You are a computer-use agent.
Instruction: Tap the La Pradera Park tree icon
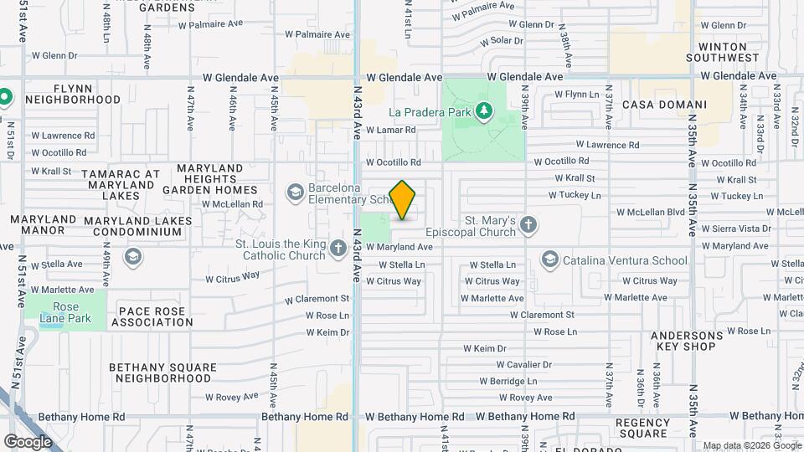tap(482, 111)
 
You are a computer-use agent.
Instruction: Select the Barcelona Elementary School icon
tap(295, 194)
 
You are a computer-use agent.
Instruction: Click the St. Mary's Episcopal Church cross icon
tap(528, 224)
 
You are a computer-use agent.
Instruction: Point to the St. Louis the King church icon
tap(338, 248)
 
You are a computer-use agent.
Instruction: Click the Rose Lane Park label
tap(65, 313)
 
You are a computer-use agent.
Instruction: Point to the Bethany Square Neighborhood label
tap(159, 372)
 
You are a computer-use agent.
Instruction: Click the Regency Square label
tap(642, 428)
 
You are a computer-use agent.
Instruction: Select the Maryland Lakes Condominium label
tap(138, 227)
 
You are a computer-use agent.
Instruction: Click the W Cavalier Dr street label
tap(524, 365)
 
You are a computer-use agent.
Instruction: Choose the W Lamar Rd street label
tap(391, 130)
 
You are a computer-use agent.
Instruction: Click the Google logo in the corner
tap(28, 441)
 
